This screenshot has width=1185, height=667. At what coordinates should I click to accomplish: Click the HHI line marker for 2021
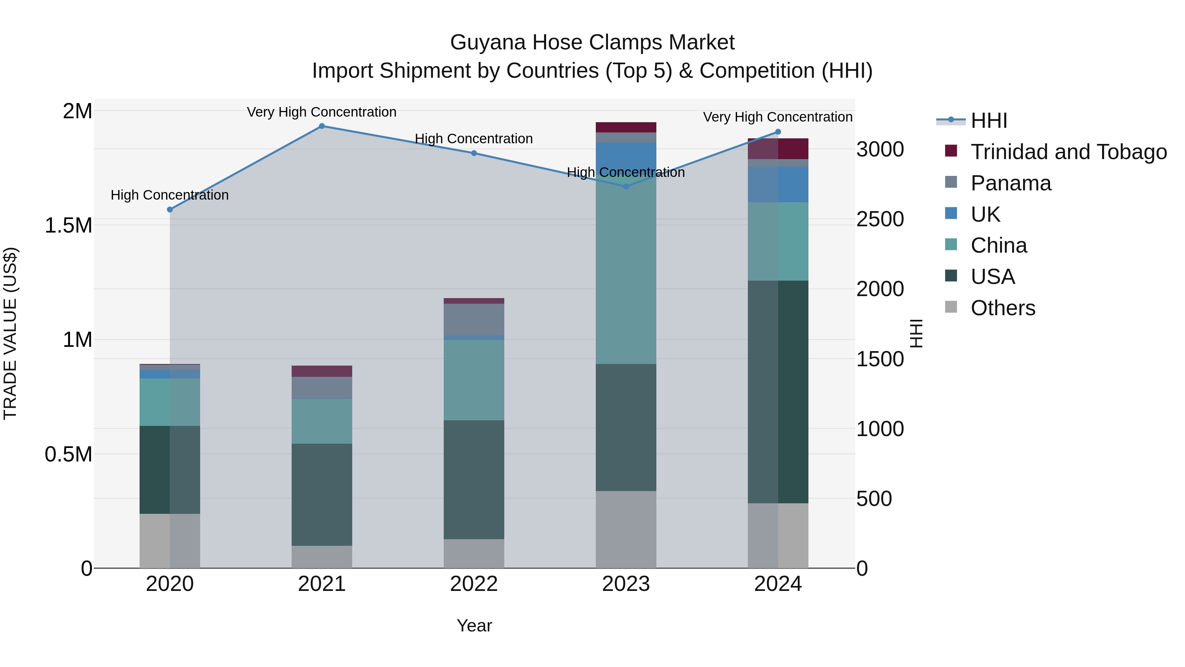click(322, 126)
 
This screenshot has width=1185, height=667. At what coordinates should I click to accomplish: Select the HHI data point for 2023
click(626, 186)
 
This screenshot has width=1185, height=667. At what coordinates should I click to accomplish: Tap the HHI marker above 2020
click(170, 209)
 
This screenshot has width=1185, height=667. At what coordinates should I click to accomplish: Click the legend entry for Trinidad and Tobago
click(1068, 152)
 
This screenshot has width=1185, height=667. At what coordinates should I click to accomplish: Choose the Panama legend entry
click(1011, 183)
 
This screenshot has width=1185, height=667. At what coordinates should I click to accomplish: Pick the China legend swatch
click(950, 245)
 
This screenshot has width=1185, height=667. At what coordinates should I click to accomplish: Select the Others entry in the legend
click(1003, 308)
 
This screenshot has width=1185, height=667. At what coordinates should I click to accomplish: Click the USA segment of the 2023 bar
click(626, 427)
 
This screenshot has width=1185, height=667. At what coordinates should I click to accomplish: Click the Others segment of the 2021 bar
click(322, 557)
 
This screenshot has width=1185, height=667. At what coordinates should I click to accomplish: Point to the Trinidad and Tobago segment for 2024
click(778, 149)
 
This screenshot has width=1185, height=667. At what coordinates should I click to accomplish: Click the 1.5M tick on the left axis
click(68, 226)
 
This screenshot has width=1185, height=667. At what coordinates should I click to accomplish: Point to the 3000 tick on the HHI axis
click(880, 150)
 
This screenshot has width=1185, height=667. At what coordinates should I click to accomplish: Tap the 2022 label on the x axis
click(474, 584)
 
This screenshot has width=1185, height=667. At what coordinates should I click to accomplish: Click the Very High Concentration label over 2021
click(322, 112)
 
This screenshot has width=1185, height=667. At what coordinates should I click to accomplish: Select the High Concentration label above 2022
click(474, 139)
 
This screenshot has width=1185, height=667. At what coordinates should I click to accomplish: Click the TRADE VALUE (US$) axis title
click(10, 333)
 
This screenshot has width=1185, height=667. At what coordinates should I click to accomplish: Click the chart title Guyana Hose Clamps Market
click(592, 42)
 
